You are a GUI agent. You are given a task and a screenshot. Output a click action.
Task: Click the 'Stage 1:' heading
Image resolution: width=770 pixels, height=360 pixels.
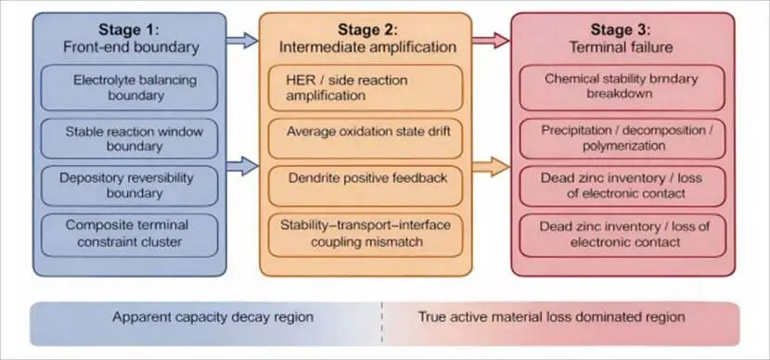129,30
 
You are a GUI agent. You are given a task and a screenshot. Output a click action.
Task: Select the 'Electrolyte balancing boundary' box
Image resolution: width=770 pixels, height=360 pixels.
129,87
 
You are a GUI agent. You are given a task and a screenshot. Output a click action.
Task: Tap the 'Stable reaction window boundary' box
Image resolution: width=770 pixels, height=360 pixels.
129,138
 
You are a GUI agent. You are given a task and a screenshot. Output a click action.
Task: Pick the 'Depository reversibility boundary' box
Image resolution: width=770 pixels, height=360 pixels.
129,186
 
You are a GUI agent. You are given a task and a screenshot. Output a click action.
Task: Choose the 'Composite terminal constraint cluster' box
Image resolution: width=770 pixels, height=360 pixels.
129,235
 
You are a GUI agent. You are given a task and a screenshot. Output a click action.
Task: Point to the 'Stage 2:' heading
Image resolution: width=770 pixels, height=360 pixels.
367,30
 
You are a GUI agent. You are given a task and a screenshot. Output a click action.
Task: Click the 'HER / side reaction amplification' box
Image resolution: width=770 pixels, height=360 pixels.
366,87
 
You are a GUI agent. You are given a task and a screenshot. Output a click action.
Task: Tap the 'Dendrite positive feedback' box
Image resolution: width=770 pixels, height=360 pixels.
366,186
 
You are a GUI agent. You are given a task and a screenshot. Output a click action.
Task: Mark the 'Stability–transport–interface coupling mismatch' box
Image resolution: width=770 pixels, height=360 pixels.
366,235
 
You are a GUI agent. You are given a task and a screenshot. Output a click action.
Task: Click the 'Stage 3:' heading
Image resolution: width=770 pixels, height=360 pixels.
621,30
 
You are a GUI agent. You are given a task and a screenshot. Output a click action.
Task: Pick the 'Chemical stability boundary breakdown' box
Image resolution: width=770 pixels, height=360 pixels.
622,87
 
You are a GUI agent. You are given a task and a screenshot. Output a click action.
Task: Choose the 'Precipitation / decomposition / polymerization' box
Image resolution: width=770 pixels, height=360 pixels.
622,138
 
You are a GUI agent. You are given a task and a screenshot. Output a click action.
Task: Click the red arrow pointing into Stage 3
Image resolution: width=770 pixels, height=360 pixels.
491,40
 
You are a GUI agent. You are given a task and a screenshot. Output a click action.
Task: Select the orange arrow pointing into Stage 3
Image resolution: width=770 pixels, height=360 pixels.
491,167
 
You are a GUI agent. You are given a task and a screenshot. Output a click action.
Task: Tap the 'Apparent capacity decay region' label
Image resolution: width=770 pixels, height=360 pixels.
212,316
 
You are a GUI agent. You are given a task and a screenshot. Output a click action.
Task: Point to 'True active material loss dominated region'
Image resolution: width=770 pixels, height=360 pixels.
551,316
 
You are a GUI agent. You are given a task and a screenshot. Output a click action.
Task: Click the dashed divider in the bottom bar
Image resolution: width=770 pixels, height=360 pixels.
382,323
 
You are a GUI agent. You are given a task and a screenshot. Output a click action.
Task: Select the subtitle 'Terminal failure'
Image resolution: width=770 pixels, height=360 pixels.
621,47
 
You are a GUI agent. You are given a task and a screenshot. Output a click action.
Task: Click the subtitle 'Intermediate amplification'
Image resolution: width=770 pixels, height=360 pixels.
367,47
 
